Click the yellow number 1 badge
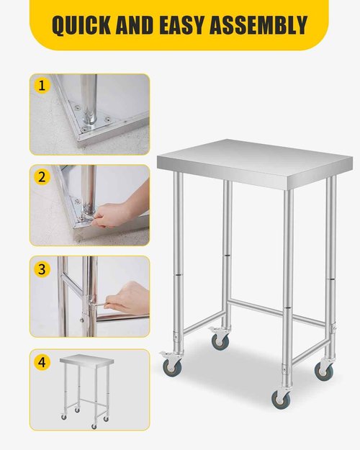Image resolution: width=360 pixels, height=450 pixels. tap(42, 86)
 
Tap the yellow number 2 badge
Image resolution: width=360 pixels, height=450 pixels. tap(42, 176)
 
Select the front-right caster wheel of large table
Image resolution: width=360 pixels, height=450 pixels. tap(278, 397)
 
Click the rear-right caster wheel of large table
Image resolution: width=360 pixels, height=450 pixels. tap(325, 370)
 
